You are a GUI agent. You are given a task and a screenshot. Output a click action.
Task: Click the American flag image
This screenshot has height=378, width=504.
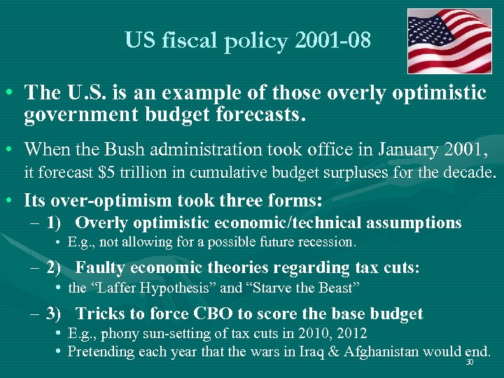pos(449,41)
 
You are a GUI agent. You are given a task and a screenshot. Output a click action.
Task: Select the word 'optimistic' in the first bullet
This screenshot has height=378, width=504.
pos(440,93)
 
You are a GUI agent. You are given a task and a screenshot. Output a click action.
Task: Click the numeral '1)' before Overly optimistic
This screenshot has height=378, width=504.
pos(55,223)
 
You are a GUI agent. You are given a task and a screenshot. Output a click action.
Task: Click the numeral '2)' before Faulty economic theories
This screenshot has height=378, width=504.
pos(55,267)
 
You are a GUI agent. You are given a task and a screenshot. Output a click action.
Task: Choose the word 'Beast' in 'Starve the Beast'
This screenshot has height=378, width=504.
pos(341,287)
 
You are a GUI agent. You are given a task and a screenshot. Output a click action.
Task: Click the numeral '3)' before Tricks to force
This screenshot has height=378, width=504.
pos(55,314)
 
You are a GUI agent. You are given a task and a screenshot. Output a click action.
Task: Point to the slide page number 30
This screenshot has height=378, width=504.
pos(469,363)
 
